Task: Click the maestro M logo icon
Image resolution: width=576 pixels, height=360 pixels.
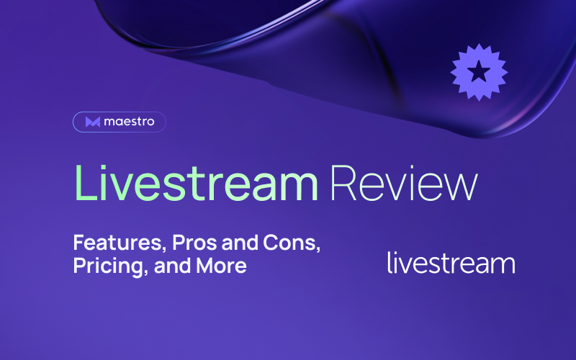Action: click(93, 122)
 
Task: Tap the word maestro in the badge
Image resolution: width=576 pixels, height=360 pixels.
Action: click(129, 122)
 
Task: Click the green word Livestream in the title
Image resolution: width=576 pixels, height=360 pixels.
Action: click(196, 183)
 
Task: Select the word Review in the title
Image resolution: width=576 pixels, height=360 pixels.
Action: click(404, 183)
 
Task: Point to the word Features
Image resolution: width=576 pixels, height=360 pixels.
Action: click(117, 243)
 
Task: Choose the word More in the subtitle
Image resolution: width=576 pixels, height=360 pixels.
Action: click(221, 266)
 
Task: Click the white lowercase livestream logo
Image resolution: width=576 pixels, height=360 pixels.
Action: click(451, 263)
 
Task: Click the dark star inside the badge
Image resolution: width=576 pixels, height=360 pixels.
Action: click(479, 71)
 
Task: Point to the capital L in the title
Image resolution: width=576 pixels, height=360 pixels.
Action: click(86, 183)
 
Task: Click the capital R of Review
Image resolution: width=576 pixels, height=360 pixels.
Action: click(343, 183)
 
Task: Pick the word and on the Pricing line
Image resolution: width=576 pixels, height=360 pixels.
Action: click(172, 266)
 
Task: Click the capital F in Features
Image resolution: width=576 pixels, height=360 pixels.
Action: click(79, 243)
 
